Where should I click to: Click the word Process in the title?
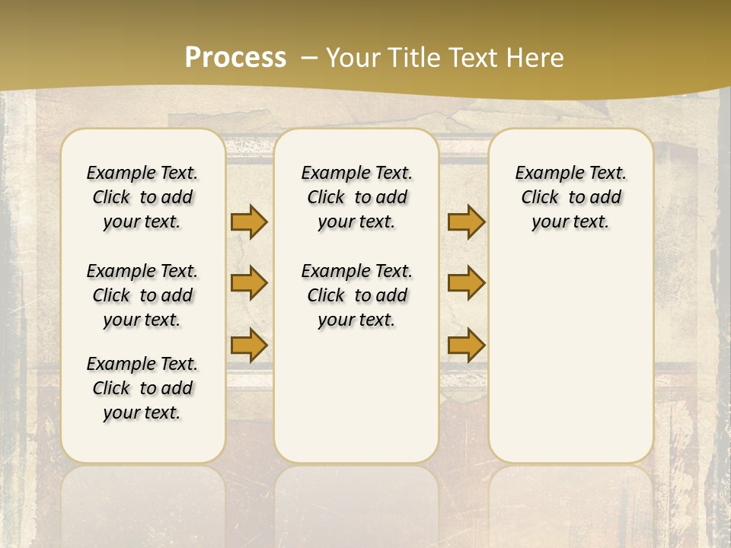pyautogui.click(x=235, y=57)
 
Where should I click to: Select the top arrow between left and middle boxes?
pyautogui.click(x=249, y=221)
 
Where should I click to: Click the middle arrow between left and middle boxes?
pyautogui.click(x=249, y=282)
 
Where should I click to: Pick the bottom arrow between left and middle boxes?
pyautogui.click(x=249, y=345)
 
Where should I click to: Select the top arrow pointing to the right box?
pyautogui.click(x=466, y=221)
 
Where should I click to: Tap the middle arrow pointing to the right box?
pyautogui.click(x=466, y=282)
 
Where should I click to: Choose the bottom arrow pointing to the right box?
pyautogui.click(x=466, y=345)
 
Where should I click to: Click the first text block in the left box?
pyautogui.click(x=142, y=197)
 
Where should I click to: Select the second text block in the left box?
pyautogui.click(x=142, y=295)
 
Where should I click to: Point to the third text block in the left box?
pyautogui.click(x=142, y=388)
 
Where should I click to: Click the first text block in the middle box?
pyautogui.click(x=356, y=197)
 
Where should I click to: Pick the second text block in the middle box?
pyautogui.click(x=356, y=295)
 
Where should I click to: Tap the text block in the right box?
pyautogui.click(x=570, y=197)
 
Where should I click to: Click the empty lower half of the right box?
pyautogui.click(x=570, y=365)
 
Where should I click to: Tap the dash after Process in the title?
pyautogui.click(x=308, y=57)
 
